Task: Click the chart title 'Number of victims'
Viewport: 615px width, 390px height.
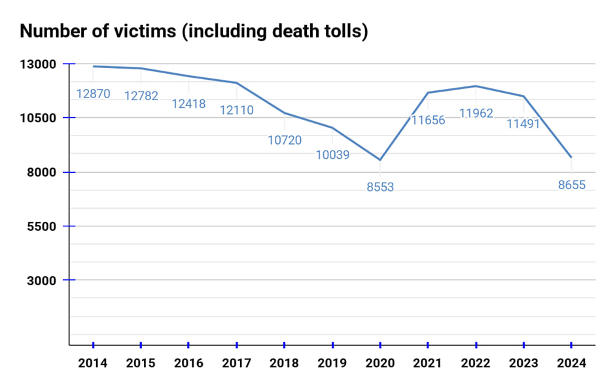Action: pos(194,31)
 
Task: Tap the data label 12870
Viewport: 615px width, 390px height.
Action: pos(94,94)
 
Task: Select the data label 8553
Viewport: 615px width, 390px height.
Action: pos(380,187)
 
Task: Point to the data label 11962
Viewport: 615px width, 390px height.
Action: pos(476,113)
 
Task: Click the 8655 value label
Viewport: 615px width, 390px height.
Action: pos(571,185)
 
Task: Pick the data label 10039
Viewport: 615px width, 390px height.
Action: pos(332,155)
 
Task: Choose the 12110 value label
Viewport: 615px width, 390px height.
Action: pos(236,111)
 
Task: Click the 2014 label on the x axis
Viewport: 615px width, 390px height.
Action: pos(93,363)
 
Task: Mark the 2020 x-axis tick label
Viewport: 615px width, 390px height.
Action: pos(380,363)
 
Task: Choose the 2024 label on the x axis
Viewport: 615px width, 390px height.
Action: pos(571,363)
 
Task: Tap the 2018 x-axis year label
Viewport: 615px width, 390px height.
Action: pos(285,363)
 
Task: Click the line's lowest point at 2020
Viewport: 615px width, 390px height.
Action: pos(380,160)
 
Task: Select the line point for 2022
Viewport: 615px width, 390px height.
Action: pos(476,86)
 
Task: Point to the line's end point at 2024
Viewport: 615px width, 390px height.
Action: pos(571,157)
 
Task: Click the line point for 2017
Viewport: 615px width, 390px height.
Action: pos(236,82)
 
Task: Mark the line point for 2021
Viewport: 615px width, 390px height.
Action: pos(428,92)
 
